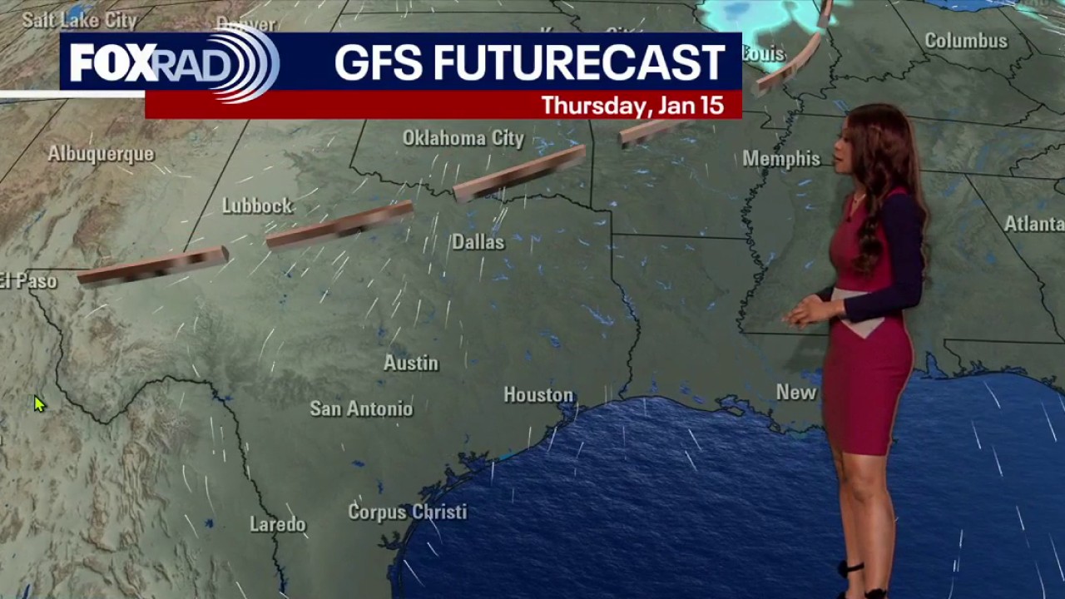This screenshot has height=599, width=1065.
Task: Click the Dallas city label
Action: point(478,242)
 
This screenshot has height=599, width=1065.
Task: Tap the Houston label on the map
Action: point(538,395)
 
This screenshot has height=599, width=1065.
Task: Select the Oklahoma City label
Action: point(463,138)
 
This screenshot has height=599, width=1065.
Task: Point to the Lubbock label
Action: point(257,206)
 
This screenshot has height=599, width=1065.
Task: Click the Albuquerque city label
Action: point(101,154)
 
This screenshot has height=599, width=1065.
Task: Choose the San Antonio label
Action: point(361,408)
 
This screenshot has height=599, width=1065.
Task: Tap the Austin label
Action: point(410,363)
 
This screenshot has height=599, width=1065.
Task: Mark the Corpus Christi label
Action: point(407,512)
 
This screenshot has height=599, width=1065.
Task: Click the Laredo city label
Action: point(278,524)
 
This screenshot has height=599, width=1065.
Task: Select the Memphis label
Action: point(781,159)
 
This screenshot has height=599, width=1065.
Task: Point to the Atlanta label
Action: point(1033,224)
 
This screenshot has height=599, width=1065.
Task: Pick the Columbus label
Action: point(966,41)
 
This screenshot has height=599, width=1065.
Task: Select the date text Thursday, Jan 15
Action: point(632,106)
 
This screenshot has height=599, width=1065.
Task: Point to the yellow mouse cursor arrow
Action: point(39,404)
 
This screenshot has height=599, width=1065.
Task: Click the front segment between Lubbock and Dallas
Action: point(339,225)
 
